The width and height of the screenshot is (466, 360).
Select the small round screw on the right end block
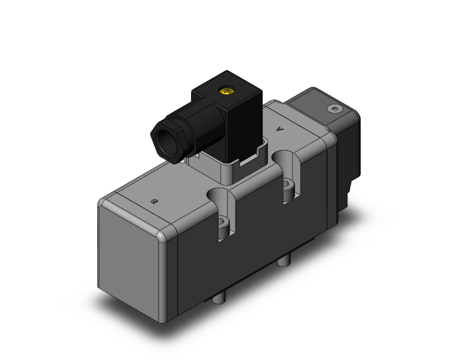click(x=333, y=110)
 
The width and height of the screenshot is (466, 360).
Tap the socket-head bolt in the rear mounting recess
click(x=287, y=186)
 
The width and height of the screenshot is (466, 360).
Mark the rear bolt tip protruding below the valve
click(x=286, y=259)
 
